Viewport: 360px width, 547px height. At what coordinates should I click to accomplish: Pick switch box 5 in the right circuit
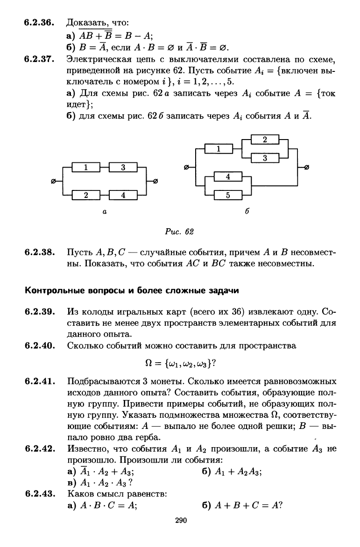pos(227,196)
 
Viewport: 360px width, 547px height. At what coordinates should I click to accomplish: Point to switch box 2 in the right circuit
pos(265,140)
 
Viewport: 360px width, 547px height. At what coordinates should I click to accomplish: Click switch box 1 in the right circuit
pos(219,149)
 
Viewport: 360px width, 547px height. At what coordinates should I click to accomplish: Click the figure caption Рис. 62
pos(180,231)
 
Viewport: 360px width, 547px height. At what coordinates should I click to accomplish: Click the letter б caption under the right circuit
pos(247,211)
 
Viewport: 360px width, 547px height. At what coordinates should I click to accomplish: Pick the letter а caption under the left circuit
pos(105,211)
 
